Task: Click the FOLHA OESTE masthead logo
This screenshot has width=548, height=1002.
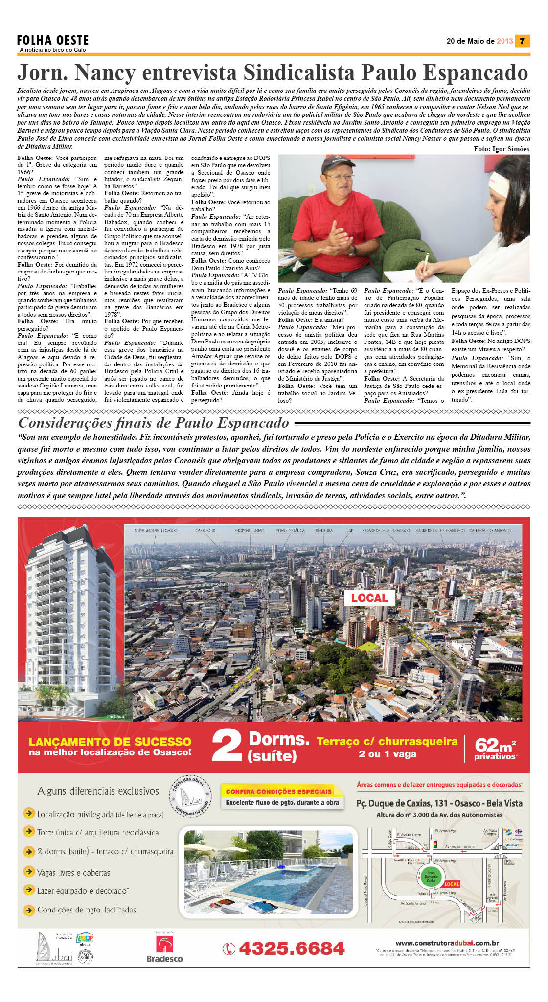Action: [x=53, y=41]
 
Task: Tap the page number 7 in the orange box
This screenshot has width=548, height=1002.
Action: [x=523, y=41]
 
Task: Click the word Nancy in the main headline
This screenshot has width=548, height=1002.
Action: [x=105, y=73]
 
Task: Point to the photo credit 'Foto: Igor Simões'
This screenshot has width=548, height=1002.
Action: [x=501, y=149]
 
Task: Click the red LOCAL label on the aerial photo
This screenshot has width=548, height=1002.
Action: [x=369, y=598]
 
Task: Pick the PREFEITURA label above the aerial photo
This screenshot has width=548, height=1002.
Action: [x=323, y=531]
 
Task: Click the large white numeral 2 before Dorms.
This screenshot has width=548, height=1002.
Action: [x=226, y=746]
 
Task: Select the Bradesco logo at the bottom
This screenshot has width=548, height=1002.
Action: [x=164, y=950]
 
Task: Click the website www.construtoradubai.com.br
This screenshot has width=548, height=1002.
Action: [x=447, y=943]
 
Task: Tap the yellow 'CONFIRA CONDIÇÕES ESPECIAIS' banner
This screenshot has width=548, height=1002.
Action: [x=278, y=791]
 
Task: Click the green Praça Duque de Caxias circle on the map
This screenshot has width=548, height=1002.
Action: [x=431, y=876]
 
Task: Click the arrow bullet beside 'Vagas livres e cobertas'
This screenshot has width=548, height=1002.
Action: [x=29, y=872]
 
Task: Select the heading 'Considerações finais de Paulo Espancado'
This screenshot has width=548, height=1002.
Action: [x=153, y=423]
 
